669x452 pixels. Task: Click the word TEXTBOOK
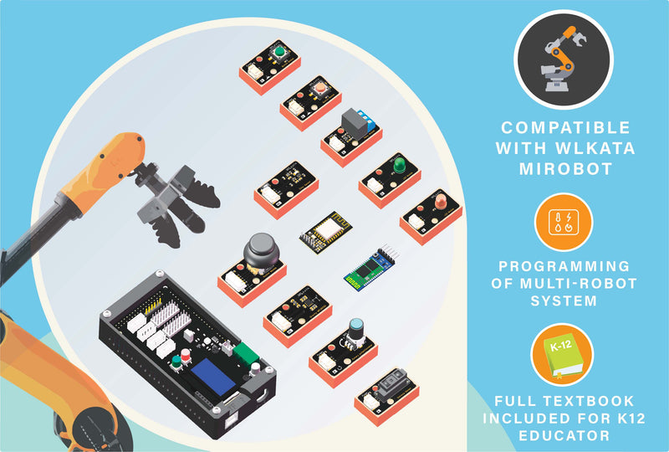(590, 401)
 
